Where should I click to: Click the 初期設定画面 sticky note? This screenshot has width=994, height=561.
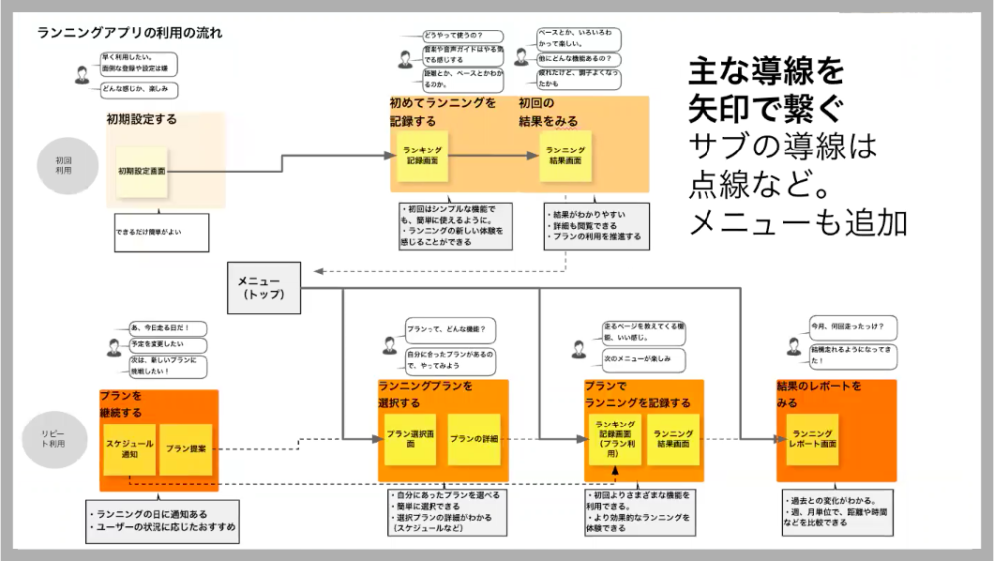click(x=142, y=173)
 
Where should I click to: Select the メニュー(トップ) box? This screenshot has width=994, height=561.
click(x=264, y=287)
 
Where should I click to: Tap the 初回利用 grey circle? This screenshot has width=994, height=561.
click(x=64, y=167)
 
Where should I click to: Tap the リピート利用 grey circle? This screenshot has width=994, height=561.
click(x=53, y=436)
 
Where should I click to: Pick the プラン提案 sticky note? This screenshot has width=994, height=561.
click(x=185, y=448)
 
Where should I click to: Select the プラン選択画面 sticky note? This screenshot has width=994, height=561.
click(x=410, y=439)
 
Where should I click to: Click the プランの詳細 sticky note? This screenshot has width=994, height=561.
click(x=474, y=439)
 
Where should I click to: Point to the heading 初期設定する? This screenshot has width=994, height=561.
click(x=142, y=120)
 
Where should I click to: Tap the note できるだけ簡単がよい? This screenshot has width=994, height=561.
click(x=161, y=231)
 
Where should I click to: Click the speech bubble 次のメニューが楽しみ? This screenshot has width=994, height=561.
click(x=642, y=359)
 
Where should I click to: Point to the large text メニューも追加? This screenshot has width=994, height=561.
click(x=797, y=222)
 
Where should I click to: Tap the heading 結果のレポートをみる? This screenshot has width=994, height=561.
click(x=818, y=394)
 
